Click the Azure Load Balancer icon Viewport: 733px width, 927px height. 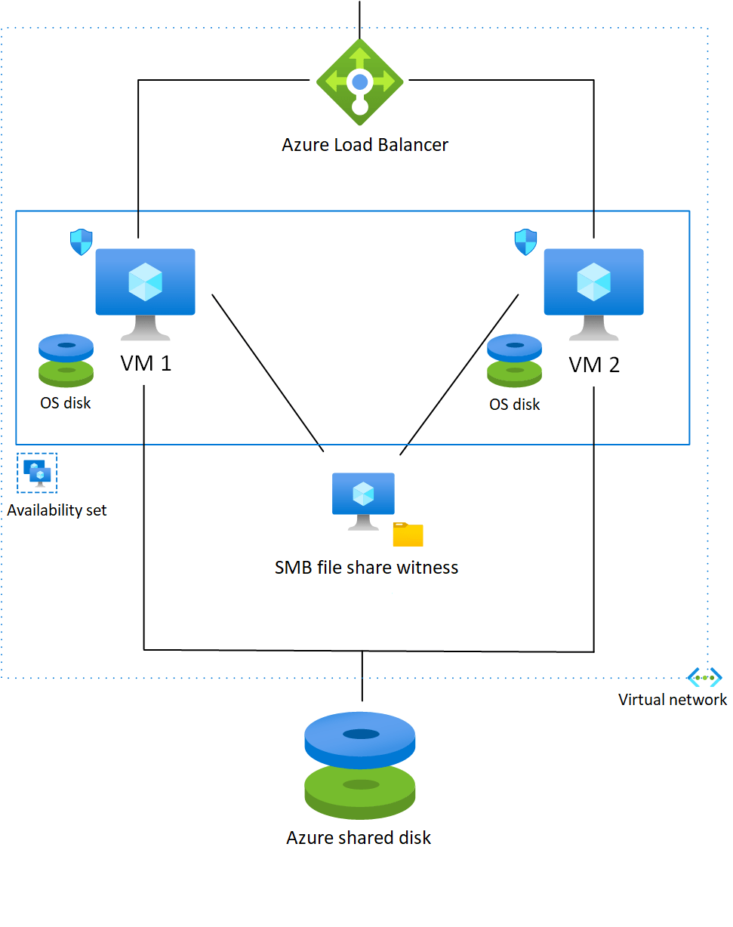coord(360,82)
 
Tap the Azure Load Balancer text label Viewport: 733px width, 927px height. coord(365,144)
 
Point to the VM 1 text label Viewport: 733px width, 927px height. coord(146,363)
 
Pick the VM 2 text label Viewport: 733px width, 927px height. coord(594,365)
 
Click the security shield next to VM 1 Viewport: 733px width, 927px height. coord(81,242)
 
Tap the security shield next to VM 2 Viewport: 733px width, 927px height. coord(525,242)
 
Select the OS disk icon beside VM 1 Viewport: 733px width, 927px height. coord(66,361)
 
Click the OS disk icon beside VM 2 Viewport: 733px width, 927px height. coord(515,361)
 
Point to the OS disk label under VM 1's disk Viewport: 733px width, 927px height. coord(66,403)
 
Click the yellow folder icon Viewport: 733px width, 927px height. coord(408,534)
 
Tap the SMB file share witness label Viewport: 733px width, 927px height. coord(366,567)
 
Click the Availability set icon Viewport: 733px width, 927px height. coord(37,473)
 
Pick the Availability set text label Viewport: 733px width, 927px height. coord(57,510)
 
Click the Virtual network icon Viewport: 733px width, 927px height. coord(704,677)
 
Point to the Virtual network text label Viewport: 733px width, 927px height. coord(673,700)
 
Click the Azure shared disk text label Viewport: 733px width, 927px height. coord(359,837)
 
